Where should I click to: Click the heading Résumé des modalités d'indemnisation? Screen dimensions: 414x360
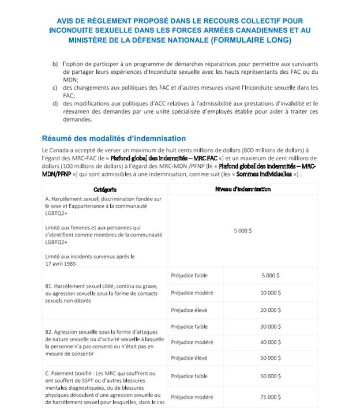click(x=114, y=138)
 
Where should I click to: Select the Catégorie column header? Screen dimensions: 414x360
click(x=105, y=189)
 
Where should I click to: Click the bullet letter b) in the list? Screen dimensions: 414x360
click(x=55, y=63)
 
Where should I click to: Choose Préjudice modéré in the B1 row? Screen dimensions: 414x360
click(x=192, y=293)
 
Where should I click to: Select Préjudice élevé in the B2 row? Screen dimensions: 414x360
click(x=189, y=358)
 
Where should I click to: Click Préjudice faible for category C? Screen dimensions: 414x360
click(x=189, y=377)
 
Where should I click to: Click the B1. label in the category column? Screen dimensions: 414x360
click(x=49, y=285)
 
